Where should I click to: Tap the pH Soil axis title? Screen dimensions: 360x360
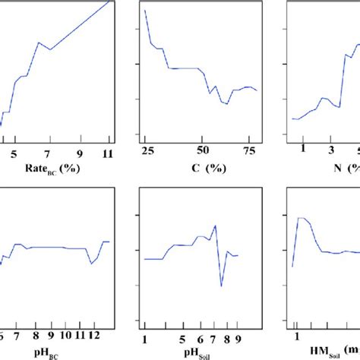pos(192,352)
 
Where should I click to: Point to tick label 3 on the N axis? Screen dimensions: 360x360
pos(331,149)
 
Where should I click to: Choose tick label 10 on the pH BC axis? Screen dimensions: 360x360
pos(66,335)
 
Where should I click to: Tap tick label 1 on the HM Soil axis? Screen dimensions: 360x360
pos(297,335)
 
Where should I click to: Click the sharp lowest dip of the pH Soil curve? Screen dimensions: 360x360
pos(222,286)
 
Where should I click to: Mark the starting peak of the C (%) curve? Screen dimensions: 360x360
pos(144,11)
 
